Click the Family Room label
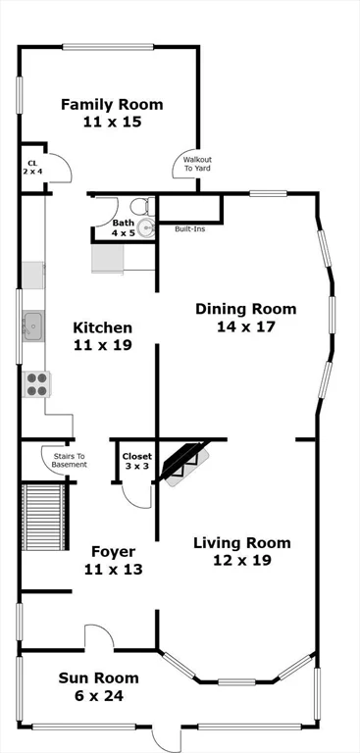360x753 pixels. click(x=112, y=113)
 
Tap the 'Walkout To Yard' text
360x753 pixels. click(x=197, y=164)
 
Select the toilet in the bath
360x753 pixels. click(x=140, y=207)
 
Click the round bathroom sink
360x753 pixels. click(x=145, y=227)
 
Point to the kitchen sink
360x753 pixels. click(x=32, y=325)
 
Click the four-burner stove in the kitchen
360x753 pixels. click(x=36, y=383)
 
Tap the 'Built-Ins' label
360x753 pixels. click(x=189, y=229)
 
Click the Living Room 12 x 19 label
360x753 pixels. click(x=241, y=551)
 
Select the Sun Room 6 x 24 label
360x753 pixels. click(x=98, y=686)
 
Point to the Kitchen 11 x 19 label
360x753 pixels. click(x=102, y=335)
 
